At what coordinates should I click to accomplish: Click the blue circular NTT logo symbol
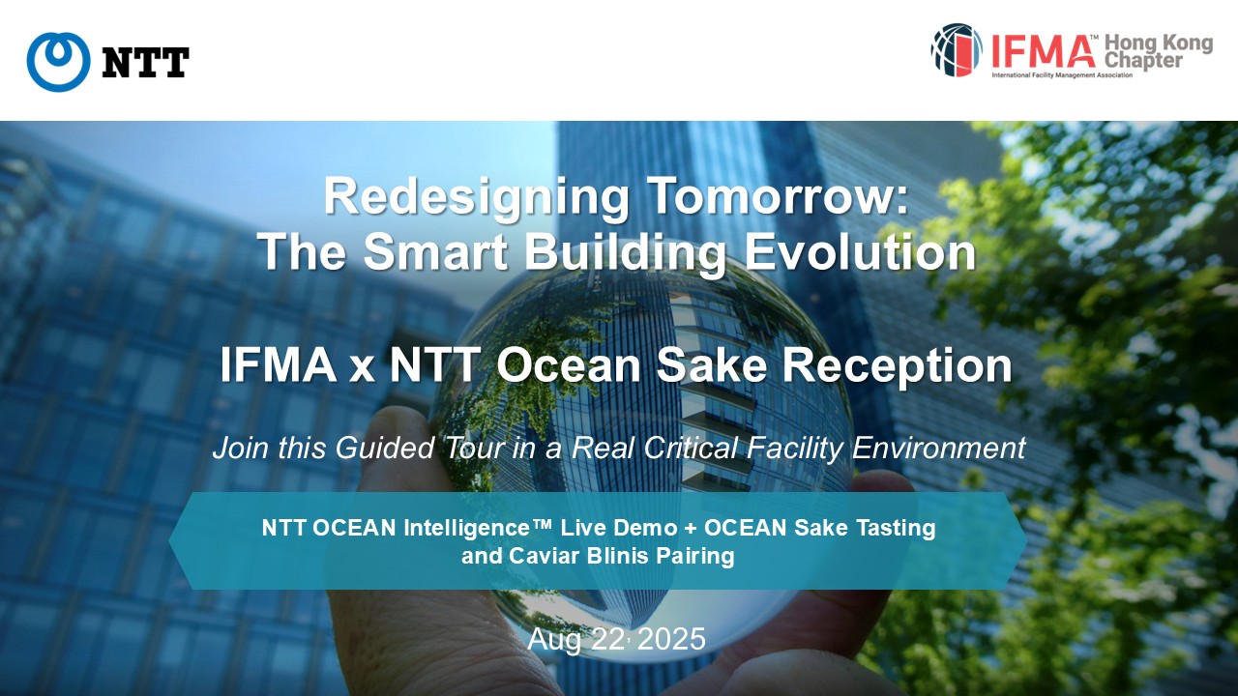click(59, 62)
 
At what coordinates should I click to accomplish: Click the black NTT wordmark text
click(146, 63)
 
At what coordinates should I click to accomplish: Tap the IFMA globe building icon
click(957, 49)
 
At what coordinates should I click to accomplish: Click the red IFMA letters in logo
click(1043, 51)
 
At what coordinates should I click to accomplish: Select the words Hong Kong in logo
click(1159, 43)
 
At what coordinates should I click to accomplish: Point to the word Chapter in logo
click(1143, 60)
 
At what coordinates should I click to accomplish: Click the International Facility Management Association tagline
click(1062, 75)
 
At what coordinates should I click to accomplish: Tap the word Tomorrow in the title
click(777, 196)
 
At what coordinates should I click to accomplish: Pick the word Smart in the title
click(435, 251)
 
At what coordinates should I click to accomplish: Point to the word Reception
click(898, 366)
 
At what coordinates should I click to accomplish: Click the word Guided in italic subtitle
click(385, 448)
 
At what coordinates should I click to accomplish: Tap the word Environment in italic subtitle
click(938, 448)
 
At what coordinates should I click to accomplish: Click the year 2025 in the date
click(671, 639)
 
